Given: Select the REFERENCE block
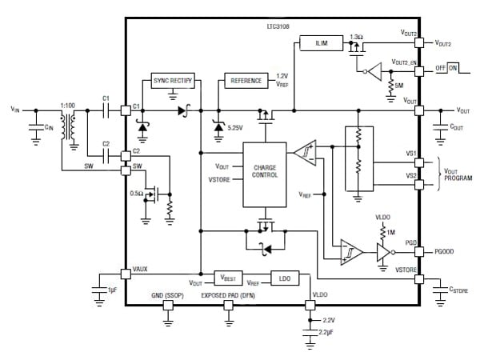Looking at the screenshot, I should (246, 82).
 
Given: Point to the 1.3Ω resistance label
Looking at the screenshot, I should (357, 37).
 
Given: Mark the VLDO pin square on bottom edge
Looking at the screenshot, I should (310, 304).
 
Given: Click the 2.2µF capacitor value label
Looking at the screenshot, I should (325, 331).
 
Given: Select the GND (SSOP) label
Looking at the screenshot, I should (167, 295).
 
